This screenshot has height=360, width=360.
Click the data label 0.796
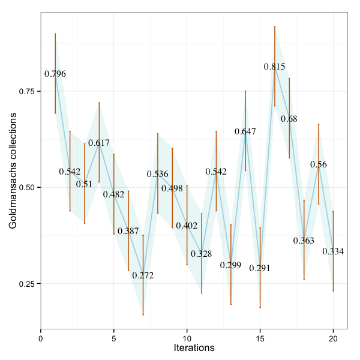(55, 74)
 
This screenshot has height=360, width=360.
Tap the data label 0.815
(275, 67)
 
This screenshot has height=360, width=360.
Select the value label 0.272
(143, 276)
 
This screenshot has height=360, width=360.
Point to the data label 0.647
(245, 131)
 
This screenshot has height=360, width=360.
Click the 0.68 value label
(289, 119)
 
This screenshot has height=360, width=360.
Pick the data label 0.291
(260, 268)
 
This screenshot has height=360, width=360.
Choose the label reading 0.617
(99, 143)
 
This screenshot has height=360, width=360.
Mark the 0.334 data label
(333, 251)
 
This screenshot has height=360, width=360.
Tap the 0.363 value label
(304, 241)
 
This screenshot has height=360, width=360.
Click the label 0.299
(230, 265)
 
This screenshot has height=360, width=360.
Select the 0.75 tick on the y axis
(27, 91)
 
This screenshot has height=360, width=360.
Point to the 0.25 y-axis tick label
(27, 284)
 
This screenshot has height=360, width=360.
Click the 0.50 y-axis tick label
(27, 187)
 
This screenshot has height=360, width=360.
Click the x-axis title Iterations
(194, 348)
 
